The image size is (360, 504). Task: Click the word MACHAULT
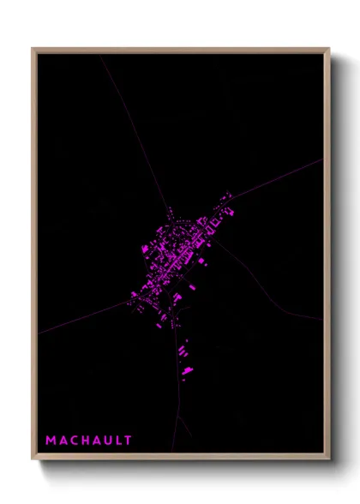(x=89, y=441)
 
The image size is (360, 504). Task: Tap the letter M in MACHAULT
(x=51, y=441)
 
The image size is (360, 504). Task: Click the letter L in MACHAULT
(x=118, y=441)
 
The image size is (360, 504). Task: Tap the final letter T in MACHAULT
(x=128, y=441)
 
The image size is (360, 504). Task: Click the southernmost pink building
(x=187, y=371)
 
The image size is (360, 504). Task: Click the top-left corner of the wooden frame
(x=33, y=50)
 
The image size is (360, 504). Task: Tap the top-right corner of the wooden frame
(x=328, y=50)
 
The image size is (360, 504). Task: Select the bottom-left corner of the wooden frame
(x=33, y=459)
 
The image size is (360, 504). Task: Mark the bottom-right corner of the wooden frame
(x=328, y=459)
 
